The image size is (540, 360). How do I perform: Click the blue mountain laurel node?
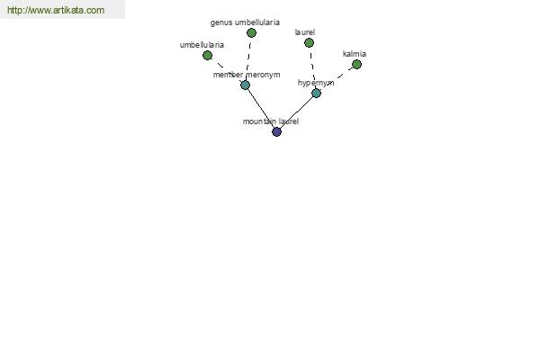coord(276,131)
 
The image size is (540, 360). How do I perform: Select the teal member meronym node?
coord(245,85)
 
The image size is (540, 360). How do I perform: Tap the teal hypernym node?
coord(316,93)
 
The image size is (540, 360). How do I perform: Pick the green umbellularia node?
coord(207,55)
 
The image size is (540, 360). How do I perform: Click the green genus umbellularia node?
coord(251,32)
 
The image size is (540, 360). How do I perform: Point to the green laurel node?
coord(309,42)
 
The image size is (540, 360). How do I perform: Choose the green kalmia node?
coord(356,65)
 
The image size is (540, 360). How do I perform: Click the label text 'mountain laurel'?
coord(271,121)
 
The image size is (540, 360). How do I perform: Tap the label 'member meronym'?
coord(247,75)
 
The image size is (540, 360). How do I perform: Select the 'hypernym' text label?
coord(316,83)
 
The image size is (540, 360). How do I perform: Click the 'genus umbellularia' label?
coord(245,22)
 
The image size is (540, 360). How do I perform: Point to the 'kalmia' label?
coord(355,54)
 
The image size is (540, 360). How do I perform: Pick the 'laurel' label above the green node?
coord(305,32)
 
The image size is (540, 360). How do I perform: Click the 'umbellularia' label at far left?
coord(202,45)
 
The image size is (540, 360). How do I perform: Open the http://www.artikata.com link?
coord(56,10)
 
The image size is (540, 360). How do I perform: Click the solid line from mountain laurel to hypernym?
coord(296,112)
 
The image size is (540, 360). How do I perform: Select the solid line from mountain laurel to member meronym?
coord(261,108)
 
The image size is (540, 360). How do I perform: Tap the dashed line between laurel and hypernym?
coord(312,67)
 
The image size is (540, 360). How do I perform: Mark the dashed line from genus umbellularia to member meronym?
coord(248,58)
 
